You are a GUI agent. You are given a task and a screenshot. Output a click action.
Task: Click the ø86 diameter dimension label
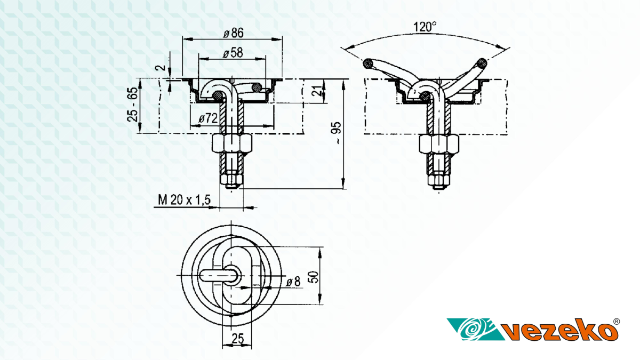click(x=234, y=33)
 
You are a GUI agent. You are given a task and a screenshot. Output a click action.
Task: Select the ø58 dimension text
click(x=233, y=53)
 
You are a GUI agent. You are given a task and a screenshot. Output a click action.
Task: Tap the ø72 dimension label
click(x=208, y=118)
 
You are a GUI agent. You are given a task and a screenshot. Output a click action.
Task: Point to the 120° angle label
click(x=425, y=27)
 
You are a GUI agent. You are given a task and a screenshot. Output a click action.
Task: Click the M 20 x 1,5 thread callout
click(x=185, y=199)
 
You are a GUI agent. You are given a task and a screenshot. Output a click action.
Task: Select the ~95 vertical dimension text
click(x=337, y=133)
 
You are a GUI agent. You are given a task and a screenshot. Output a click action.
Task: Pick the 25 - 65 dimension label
click(x=133, y=105)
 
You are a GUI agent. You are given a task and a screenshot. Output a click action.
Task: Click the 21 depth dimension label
click(x=317, y=91)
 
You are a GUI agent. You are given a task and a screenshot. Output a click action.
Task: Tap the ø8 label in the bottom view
click(x=293, y=282)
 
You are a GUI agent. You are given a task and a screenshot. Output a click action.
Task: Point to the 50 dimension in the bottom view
click(x=314, y=277)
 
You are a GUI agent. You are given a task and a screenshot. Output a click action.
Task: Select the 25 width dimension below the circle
click(x=238, y=339)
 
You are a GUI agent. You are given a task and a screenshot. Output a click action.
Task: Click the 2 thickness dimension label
click(x=161, y=68)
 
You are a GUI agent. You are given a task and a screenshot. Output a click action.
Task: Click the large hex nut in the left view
click(x=232, y=143)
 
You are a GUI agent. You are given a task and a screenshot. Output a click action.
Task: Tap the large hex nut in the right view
click(x=439, y=144)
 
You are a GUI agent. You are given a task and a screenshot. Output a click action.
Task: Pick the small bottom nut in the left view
click(x=231, y=179)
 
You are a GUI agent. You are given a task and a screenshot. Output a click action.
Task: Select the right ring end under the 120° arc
click(x=482, y=63)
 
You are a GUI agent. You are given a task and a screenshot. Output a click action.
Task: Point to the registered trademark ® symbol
click(x=617, y=322)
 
